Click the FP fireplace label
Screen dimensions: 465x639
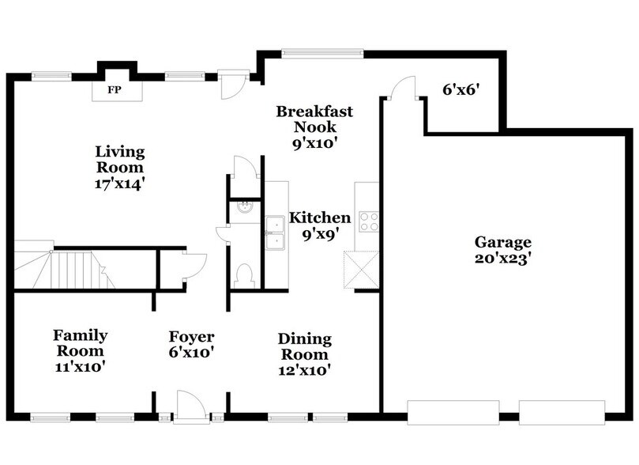point(115,89)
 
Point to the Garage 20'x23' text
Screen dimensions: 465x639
point(502,250)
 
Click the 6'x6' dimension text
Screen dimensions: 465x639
point(462,89)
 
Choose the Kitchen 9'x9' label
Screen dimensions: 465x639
point(319,225)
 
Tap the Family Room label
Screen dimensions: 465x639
point(80,351)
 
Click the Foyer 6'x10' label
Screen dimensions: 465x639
point(190,345)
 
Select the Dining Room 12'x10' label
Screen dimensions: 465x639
point(304,353)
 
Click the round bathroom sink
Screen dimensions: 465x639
point(244,208)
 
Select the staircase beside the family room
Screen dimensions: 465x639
point(71,269)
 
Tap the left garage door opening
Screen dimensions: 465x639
point(453,412)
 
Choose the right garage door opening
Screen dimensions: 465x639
point(562,412)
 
